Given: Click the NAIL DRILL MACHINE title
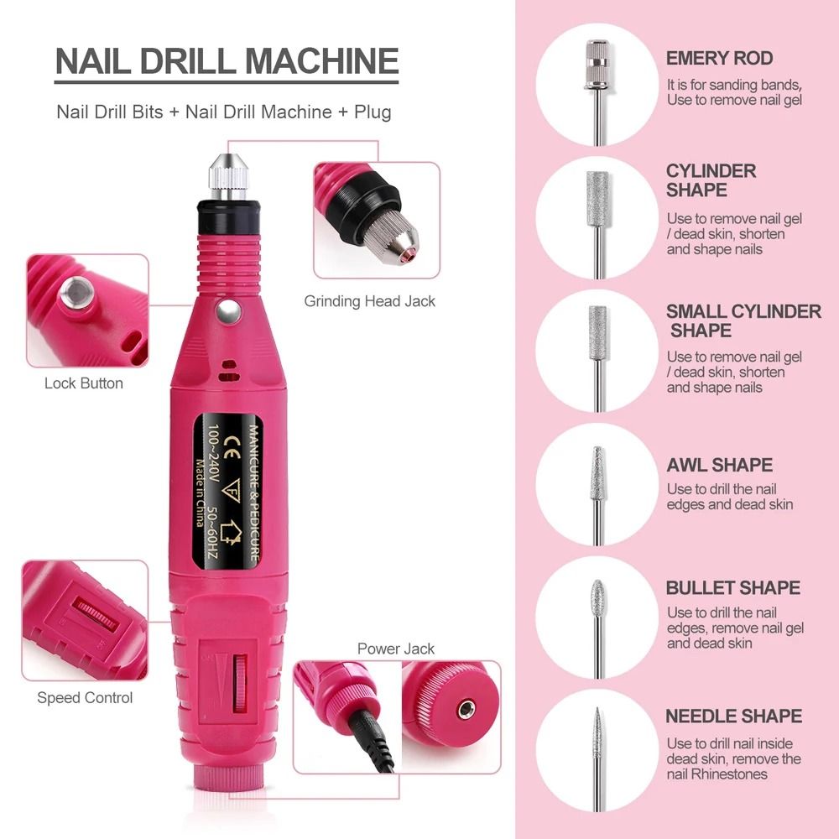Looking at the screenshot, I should click(227, 62).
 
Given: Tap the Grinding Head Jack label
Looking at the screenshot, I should click(370, 301).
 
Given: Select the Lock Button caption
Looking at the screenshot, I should click(84, 383).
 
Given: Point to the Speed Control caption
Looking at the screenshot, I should click(85, 697).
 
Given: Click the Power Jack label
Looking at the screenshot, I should click(396, 649).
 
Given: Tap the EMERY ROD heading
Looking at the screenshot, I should click(719, 59).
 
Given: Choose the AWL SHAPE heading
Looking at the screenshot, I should click(719, 465).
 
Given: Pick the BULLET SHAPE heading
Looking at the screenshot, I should click(732, 587).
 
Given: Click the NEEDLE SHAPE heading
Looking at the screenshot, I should click(733, 717).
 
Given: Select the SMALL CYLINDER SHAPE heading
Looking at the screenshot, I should click(743, 320).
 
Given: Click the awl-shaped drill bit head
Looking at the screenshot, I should click(597, 475).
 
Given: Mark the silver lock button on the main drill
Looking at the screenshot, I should click(225, 313).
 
